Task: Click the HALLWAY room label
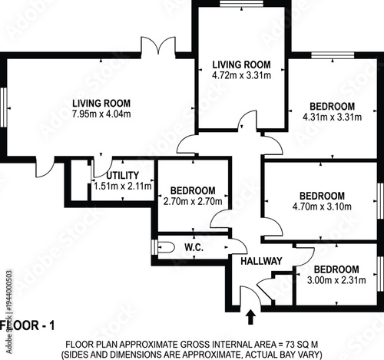[262, 261]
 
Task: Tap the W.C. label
[194, 248]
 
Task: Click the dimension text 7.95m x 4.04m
[101, 114]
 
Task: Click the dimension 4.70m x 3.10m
[322, 206]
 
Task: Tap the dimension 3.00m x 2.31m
[336, 280]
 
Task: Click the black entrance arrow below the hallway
[250, 315]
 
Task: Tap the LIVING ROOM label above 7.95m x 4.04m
[101, 104]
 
